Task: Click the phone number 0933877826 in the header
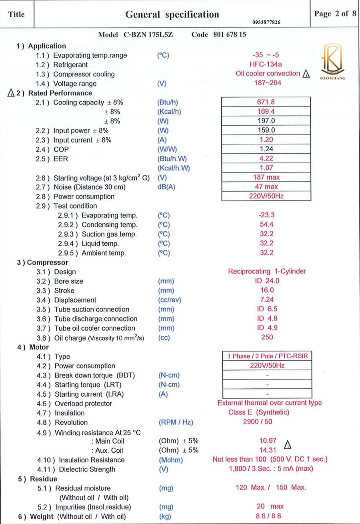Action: (x=266, y=22)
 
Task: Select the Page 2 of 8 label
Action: (x=335, y=14)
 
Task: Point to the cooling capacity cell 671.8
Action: (x=266, y=102)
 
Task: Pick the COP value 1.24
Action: (x=266, y=149)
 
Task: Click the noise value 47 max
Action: (x=266, y=187)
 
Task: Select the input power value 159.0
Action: (x=266, y=130)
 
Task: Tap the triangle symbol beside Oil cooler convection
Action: (x=306, y=74)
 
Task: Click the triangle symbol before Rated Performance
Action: (x=11, y=93)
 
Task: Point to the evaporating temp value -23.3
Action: (x=266, y=215)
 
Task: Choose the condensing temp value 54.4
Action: (x=266, y=225)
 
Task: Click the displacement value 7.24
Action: (x=266, y=299)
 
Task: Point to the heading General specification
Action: (x=172, y=14)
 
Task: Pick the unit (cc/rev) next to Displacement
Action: (x=170, y=300)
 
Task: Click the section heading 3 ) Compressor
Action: (x=42, y=263)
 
